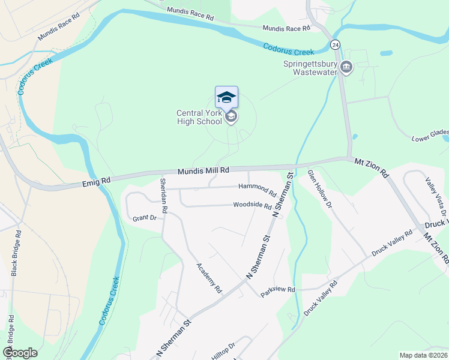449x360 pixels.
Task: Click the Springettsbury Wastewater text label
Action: click(x=309, y=67)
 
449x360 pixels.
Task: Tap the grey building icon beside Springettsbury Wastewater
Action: click(x=346, y=67)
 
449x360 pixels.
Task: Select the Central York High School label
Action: click(x=199, y=117)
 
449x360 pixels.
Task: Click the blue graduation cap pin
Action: click(x=226, y=98)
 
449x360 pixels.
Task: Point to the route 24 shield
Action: click(x=336, y=44)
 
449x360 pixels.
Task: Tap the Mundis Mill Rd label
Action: click(x=203, y=171)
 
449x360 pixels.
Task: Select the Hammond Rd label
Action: click(x=257, y=190)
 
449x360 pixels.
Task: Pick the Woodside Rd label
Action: click(x=252, y=205)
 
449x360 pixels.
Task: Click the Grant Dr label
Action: click(x=144, y=218)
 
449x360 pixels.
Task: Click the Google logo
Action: click(x=20, y=353)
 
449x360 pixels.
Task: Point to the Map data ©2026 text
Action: click(x=423, y=355)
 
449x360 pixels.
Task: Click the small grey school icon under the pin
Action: click(x=232, y=117)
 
